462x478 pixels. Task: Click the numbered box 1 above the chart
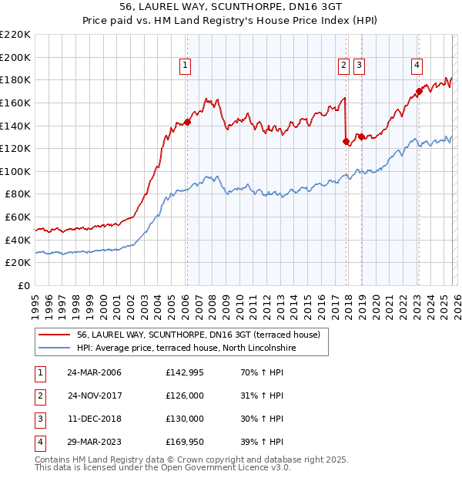pyautogui.click(x=186, y=66)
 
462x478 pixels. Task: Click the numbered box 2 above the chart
pyautogui.click(x=343, y=66)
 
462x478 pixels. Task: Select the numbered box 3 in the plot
pyautogui.click(x=360, y=66)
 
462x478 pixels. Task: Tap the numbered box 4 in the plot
pyautogui.click(x=417, y=66)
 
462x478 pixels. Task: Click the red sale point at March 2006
pyautogui.click(x=187, y=122)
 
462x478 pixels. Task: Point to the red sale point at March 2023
pyautogui.click(x=419, y=91)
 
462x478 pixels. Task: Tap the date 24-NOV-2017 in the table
pyautogui.click(x=94, y=396)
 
